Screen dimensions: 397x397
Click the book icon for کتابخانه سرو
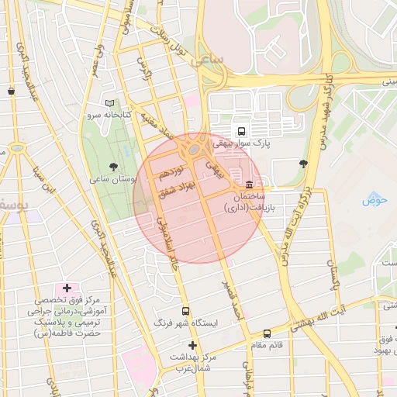109,103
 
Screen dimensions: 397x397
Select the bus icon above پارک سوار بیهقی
241,131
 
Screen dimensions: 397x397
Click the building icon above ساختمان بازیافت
248,185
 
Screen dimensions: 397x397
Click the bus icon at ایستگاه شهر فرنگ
185,309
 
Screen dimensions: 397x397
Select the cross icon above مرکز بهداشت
192,345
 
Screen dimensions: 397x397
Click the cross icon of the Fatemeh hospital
67,288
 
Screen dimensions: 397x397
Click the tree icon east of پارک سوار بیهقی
302,163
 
